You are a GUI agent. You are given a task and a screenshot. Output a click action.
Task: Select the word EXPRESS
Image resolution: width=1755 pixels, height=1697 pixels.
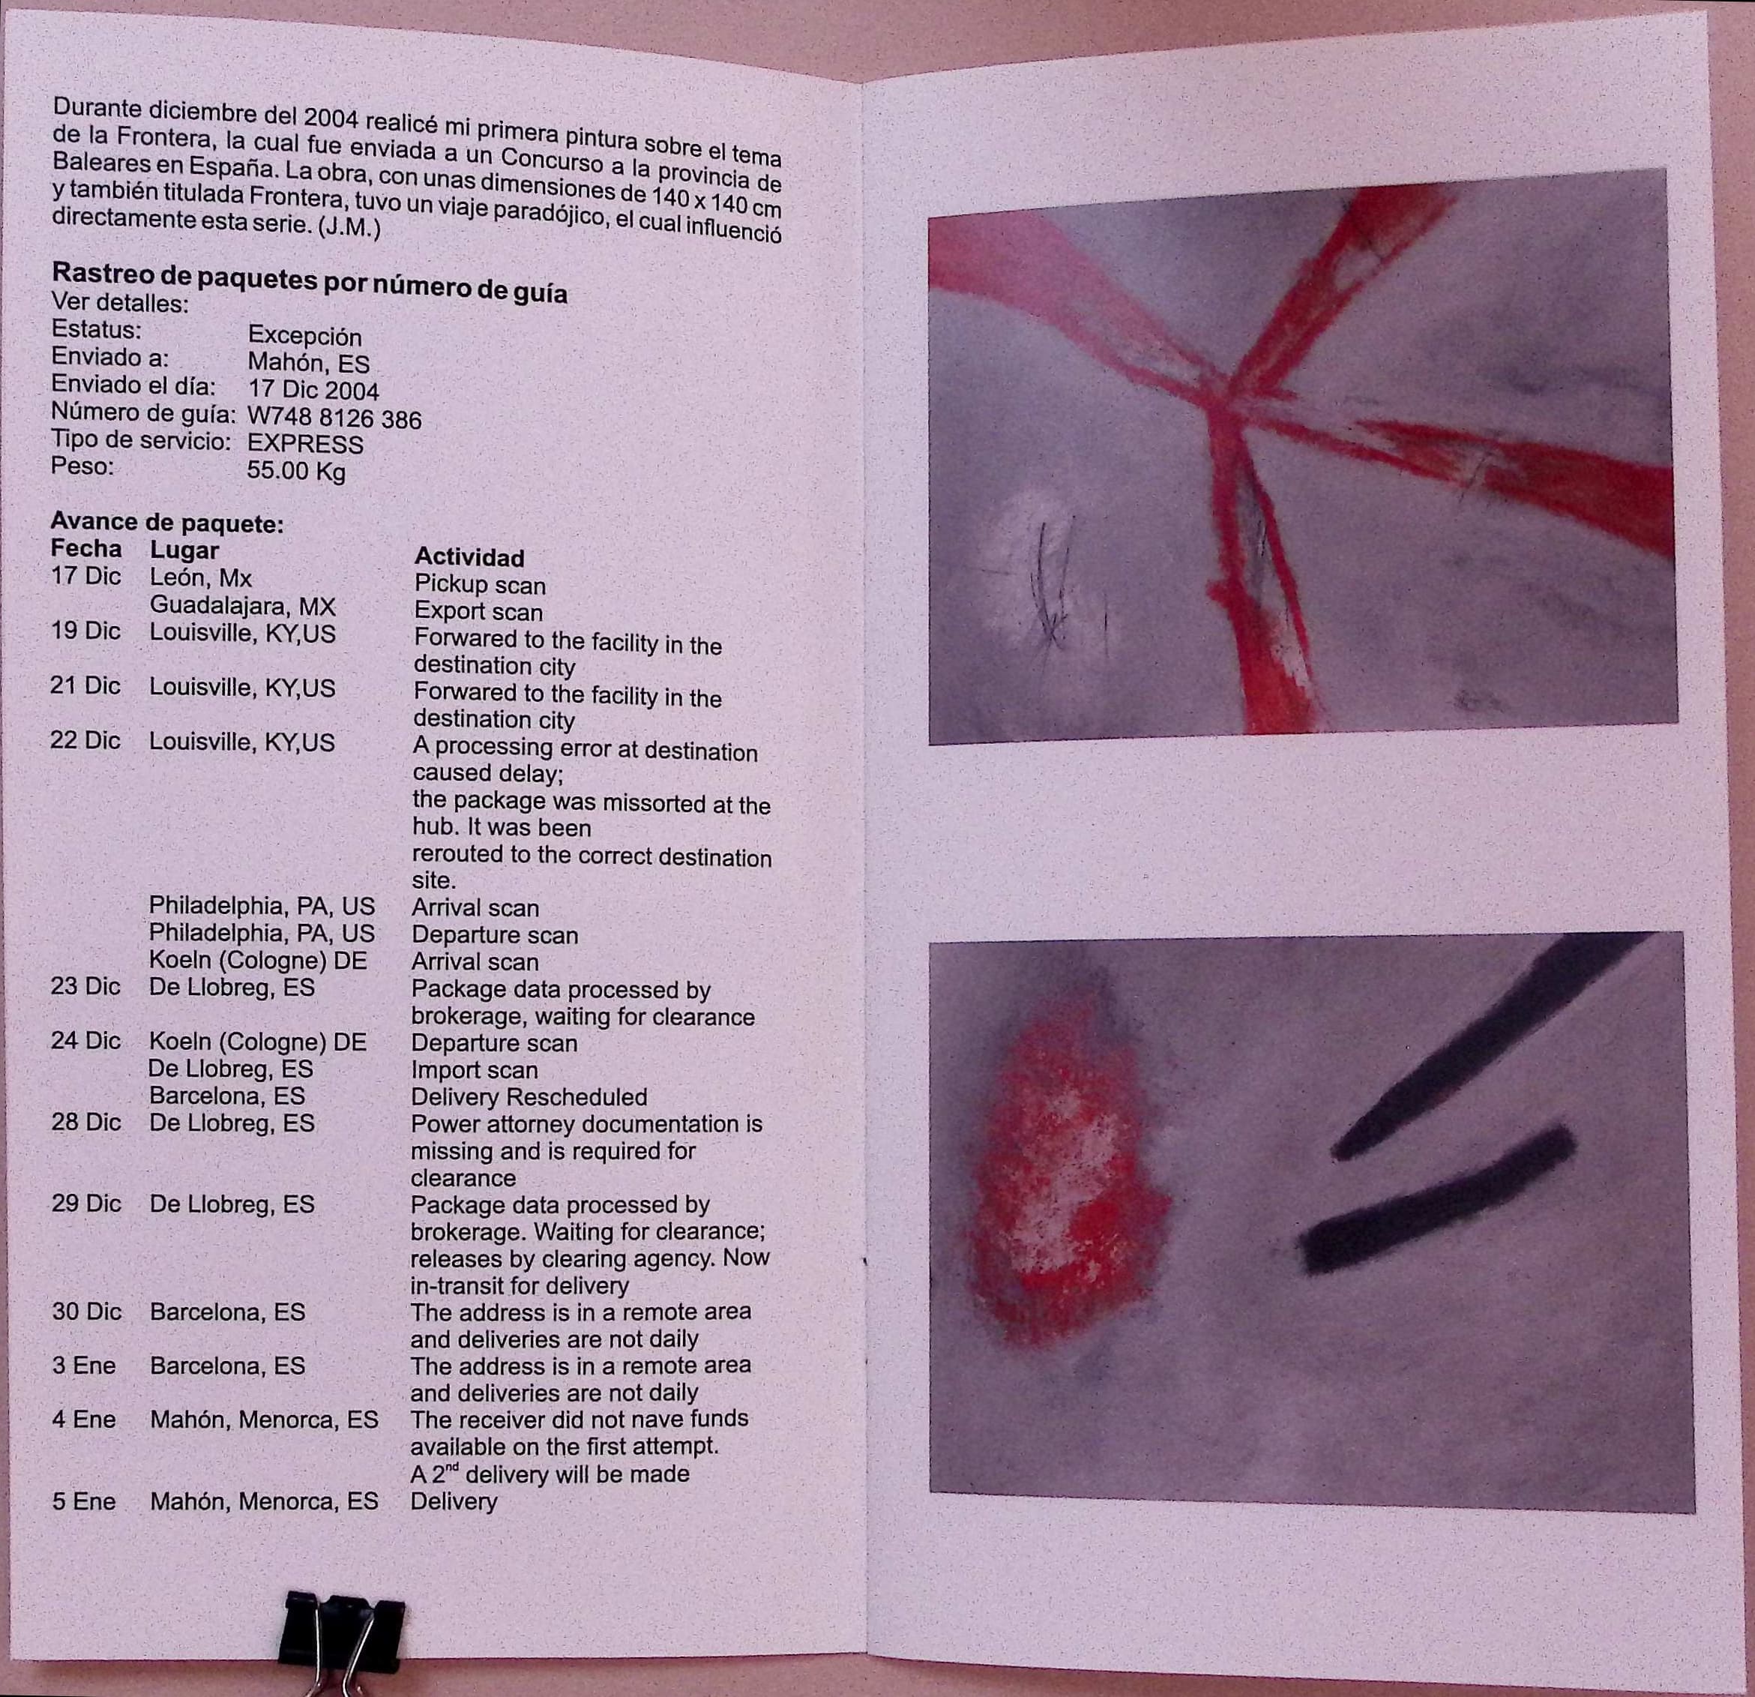coord(305,444)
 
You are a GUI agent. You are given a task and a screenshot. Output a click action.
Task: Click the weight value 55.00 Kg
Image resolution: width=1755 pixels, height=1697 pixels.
coord(295,471)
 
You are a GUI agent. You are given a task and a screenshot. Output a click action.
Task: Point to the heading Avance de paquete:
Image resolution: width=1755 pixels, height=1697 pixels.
coord(166,522)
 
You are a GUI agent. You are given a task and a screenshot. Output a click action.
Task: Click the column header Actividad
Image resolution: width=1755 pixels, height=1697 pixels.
coord(469,557)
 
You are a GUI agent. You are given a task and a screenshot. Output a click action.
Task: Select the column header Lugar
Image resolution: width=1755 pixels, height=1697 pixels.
coord(184,550)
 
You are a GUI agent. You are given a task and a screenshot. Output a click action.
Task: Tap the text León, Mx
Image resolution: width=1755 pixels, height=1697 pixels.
coord(201,577)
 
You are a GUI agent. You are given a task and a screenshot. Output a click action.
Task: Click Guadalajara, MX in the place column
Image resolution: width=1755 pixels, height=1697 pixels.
coord(241,605)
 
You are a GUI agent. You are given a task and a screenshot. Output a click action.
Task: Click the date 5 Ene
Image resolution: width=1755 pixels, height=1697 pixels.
coord(83,1501)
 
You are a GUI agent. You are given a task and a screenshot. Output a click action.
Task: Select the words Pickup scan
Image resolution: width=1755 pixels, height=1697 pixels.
coord(480,585)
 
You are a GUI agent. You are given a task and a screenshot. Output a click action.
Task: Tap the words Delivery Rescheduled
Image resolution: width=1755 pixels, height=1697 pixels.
coord(529,1097)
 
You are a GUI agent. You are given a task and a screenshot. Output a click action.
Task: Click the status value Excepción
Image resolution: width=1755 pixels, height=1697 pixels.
coord(304,336)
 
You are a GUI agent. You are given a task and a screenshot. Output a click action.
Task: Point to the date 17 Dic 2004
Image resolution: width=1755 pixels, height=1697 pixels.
coord(313,391)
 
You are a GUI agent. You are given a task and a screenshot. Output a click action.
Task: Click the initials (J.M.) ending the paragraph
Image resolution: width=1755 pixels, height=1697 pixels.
coord(349,227)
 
